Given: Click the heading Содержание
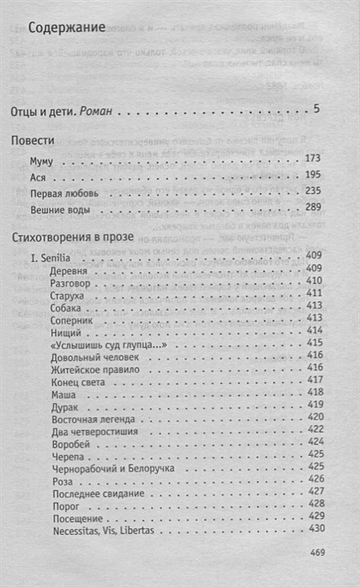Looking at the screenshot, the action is click(71, 27).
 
